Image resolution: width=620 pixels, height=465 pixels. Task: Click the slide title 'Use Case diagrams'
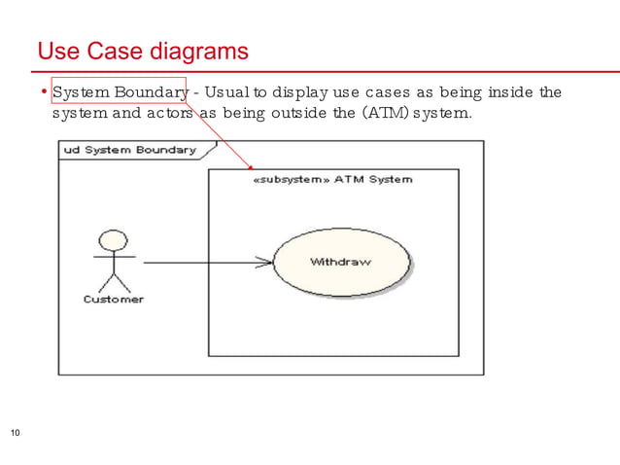[143, 51]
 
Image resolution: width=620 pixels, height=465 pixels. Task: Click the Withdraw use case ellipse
[341, 263]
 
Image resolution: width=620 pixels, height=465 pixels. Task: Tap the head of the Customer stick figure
[114, 239]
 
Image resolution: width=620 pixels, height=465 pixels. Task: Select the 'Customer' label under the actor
[113, 300]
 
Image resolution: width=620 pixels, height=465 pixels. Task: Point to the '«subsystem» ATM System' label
[332, 179]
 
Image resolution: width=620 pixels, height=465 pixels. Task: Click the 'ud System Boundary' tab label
[129, 150]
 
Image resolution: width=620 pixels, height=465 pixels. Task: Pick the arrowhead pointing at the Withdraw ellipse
[264, 262]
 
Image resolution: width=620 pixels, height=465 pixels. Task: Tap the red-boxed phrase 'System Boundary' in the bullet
[119, 92]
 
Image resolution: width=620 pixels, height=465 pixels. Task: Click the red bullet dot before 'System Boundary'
[44, 92]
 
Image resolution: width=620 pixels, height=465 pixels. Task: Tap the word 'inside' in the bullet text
[510, 92]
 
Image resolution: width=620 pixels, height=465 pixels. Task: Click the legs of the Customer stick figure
[114, 283]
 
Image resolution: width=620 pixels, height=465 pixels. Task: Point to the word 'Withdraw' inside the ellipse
[340, 263]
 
